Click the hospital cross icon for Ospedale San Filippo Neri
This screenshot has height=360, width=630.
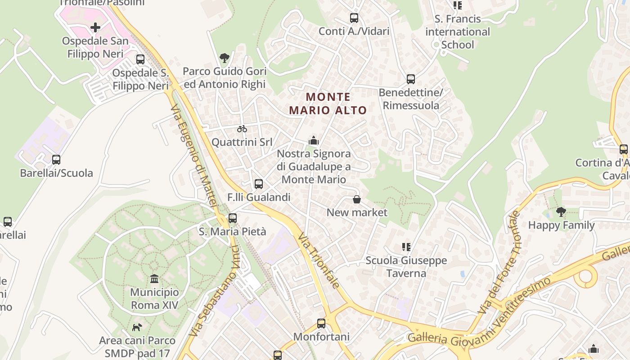[95, 27]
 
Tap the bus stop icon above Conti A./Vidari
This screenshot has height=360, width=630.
[354, 18]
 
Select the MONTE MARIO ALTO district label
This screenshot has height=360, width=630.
[328, 103]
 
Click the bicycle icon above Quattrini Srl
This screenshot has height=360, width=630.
[242, 129]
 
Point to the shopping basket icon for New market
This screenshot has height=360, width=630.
[357, 199]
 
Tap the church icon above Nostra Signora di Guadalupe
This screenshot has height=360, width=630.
[314, 140]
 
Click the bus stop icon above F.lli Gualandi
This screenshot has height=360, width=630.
[259, 184]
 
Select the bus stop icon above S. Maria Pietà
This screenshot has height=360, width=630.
[233, 218]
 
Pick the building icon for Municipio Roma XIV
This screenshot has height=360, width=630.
[154, 279]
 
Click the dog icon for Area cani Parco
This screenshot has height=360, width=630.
[137, 327]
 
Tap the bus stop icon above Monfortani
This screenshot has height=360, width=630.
[321, 323]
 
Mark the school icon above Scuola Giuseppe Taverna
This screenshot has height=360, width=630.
[406, 247]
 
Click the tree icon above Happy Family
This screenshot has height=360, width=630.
[561, 211]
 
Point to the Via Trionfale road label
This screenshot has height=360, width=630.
[318, 261]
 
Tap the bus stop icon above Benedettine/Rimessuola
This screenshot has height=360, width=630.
[411, 79]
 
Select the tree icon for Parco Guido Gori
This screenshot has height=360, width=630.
[224, 58]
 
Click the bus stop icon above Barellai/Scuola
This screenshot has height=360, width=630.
[56, 159]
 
